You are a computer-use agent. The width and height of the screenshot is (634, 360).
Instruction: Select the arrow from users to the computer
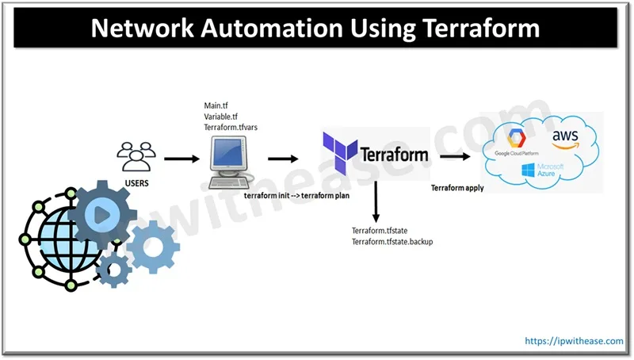coord(181,159)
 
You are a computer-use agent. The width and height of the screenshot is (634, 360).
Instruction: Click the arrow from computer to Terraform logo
coord(283,159)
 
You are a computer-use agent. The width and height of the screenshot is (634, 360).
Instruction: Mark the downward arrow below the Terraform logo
coord(376,203)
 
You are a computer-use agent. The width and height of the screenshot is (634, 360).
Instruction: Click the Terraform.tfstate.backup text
coord(397,241)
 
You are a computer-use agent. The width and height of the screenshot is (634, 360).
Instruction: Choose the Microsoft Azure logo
coord(541,169)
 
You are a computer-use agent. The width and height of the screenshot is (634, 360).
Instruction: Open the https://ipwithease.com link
coord(575,340)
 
